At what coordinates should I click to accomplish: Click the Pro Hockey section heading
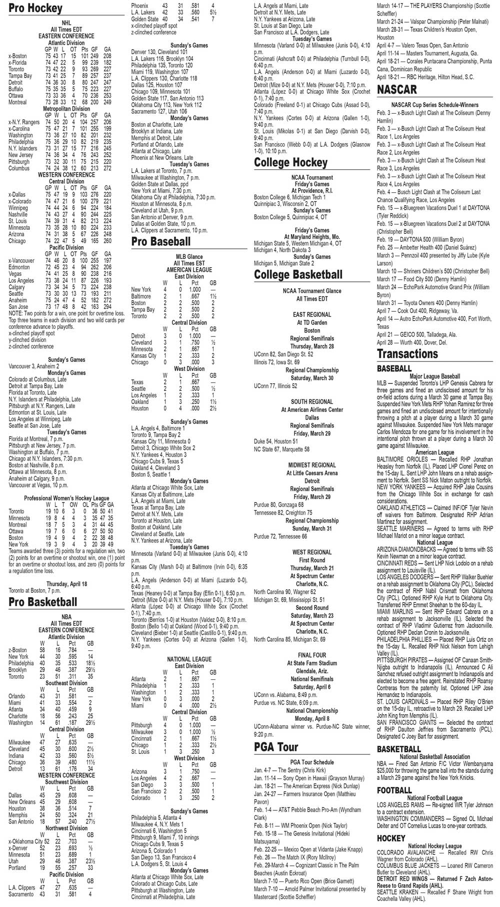click(x=35, y=9)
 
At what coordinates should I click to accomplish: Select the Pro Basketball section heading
click(x=43, y=602)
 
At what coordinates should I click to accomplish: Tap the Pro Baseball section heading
click(x=161, y=242)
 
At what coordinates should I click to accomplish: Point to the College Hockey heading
click(x=290, y=163)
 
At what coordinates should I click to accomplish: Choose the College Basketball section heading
click(x=298, y=275)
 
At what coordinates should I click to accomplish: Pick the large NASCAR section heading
click(x=397, y=90)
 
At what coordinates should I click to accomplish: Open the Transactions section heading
click(x=407, y=354)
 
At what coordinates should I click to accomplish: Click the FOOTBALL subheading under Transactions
click(x=394, y=790)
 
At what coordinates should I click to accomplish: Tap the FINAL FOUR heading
click(x=312, y=655)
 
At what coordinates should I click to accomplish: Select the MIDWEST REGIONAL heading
click(x=312, y=465)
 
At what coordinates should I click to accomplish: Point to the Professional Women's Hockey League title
click(x=66, y=499)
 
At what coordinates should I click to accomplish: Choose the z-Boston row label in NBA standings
click(x=18, y=650)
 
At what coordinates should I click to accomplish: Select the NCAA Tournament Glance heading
click(x=312, y=291)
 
